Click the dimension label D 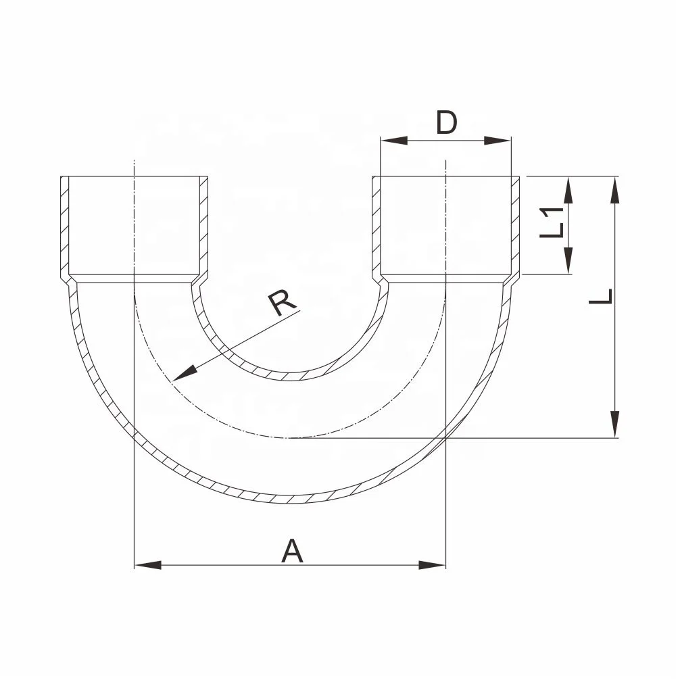point(446,123)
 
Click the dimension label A point(292,551)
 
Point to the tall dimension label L point(600,296)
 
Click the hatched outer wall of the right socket point(515,226)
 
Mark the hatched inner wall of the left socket point(203,226)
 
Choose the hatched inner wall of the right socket point(377,226)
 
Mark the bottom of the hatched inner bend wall point(291,377)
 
